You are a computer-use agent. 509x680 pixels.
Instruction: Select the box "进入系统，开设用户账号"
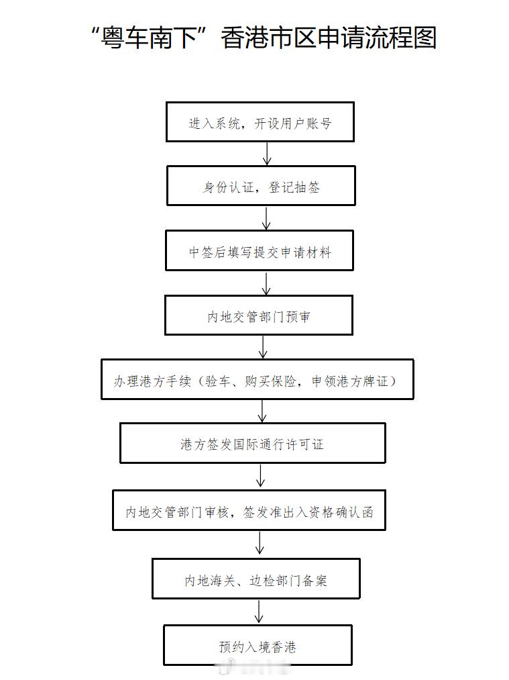tap(260, 122)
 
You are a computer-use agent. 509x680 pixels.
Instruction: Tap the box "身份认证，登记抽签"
tap(261, 186)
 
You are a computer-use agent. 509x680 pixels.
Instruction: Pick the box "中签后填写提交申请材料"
tap(260, 251)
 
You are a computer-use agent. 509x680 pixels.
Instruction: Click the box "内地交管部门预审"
tap(259, 315)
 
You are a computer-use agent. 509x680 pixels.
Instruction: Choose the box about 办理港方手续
tap(257, 380)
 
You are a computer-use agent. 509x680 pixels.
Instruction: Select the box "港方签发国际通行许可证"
tap(252, 443)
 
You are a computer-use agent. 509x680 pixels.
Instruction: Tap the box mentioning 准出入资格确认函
tap(249, 511)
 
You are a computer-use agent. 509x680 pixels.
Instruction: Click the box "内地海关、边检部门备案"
tap(256, 579)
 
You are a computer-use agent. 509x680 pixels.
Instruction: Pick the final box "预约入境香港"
tap(258, 646)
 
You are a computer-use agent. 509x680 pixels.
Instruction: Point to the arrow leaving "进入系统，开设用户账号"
tap(267, 154)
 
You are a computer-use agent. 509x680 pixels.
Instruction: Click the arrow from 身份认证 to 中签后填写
tap(266, 218)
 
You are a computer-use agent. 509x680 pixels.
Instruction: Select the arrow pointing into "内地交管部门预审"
tap(266, 283)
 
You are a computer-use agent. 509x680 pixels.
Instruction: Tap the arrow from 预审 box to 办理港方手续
tap(263, 347)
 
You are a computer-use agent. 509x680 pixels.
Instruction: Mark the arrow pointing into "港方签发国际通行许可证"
tap(262, 411)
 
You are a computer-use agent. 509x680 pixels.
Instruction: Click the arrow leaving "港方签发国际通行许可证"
tap(261, 477)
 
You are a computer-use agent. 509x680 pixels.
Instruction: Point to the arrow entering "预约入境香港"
tap(259, 612)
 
